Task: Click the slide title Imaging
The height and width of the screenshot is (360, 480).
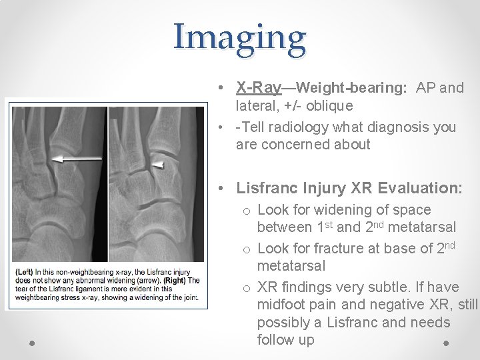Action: (x=240, y=37)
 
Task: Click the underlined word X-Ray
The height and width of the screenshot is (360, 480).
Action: (x=259, y=87)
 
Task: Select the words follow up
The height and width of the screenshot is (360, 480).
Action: (x=285, y=340)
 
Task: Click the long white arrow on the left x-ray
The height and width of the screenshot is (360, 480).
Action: (x=77, y=159)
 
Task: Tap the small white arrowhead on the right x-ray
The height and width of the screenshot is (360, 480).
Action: (x=158, y=163)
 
